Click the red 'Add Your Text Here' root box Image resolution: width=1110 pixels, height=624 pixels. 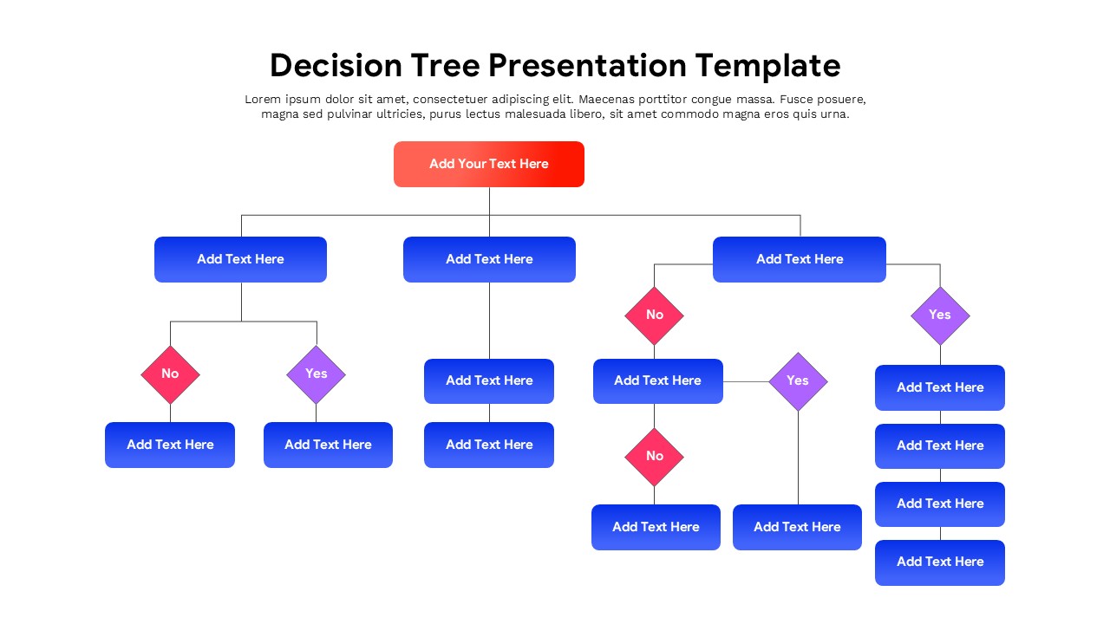point(488,164)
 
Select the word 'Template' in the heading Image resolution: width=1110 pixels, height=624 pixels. point(767,66)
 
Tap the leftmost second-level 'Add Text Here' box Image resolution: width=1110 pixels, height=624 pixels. point(240,259)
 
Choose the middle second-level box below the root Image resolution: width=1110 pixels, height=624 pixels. point(489,259)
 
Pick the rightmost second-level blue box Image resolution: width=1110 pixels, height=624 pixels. point(799,259)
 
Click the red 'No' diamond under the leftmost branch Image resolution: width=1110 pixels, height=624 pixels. point(170,374)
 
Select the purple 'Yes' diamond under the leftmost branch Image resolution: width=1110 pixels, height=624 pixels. point(316,374)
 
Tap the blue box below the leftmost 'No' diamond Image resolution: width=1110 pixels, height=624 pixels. point(170,445)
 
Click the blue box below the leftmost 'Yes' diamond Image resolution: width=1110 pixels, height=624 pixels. point(328,445)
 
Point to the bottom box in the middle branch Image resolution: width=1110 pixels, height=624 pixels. point(489,445)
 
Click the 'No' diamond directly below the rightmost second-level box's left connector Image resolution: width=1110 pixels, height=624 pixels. point(654,315)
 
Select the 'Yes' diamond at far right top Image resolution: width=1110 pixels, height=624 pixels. point(940,315)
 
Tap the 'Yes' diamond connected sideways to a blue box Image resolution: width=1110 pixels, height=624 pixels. point(798,381)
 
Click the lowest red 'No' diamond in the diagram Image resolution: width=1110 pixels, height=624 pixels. point(654,457)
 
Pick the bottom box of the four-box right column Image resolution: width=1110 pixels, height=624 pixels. point(940,562)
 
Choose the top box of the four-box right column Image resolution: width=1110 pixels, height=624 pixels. point(940,387)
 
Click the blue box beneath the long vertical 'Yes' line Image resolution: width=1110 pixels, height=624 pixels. point(797,527)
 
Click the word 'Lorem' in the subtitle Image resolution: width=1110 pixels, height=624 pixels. point(263,100)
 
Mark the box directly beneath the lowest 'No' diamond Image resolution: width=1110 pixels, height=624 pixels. point(656,527)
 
